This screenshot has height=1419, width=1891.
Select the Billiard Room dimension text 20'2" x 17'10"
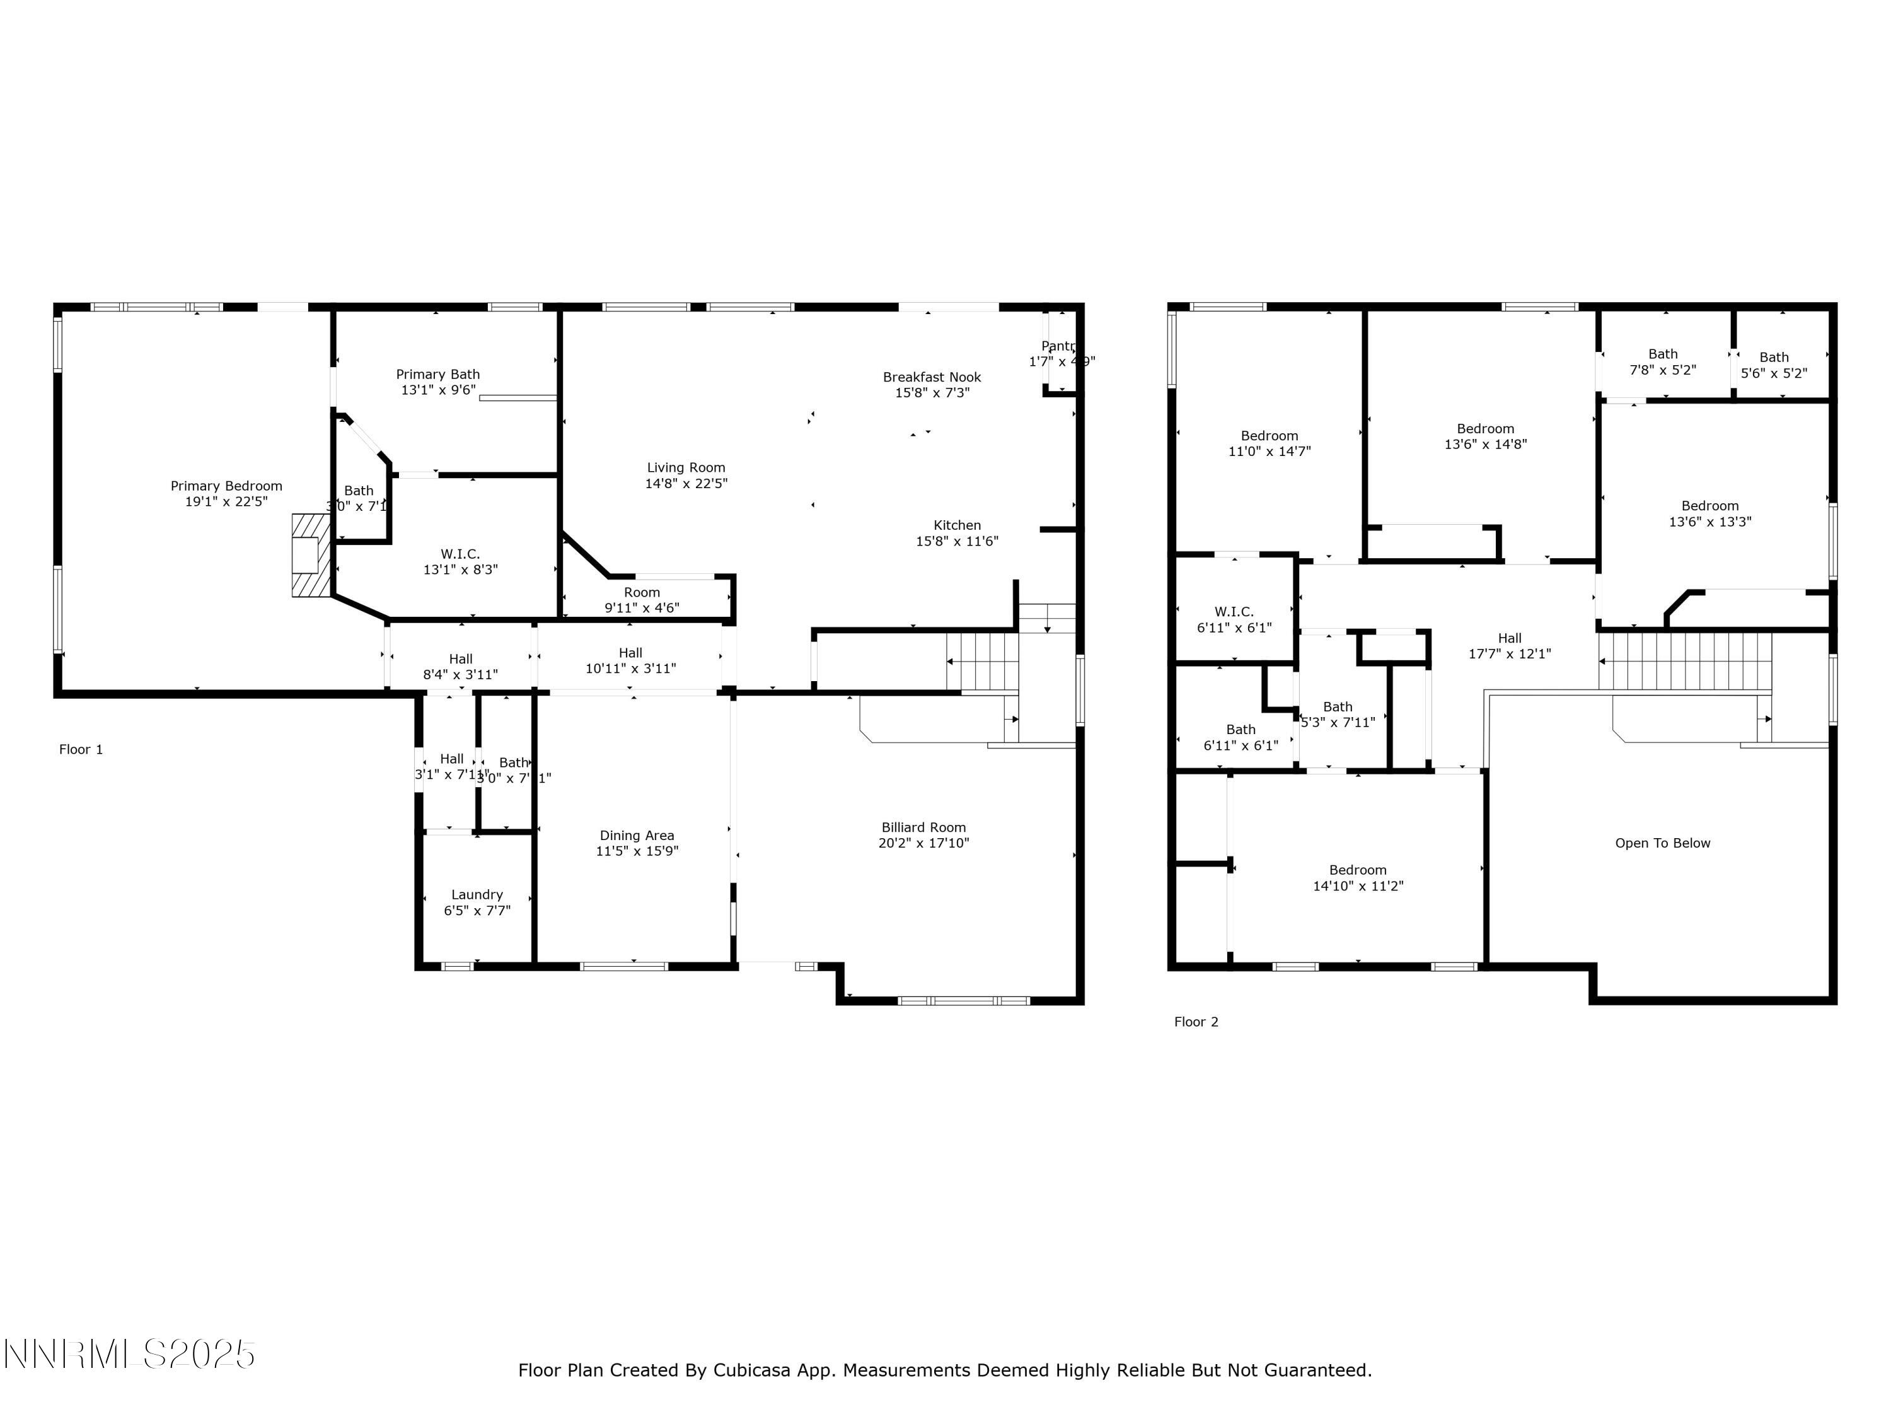923,843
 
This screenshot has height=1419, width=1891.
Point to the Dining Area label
636,836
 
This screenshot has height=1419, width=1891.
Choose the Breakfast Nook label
931,377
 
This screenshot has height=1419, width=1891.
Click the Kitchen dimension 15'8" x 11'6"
957,541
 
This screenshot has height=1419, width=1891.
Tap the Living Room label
686,468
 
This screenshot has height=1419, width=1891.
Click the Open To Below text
1662,843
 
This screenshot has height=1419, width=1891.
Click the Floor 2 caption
1195,1022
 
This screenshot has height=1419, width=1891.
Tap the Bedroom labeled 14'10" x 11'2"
1358,878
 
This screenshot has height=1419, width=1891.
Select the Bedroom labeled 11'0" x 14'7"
1269,443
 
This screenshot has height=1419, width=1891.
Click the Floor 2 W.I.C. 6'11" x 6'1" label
1234,619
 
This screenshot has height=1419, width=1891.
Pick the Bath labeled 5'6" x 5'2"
1773,365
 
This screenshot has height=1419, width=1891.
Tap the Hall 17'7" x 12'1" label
1509,646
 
